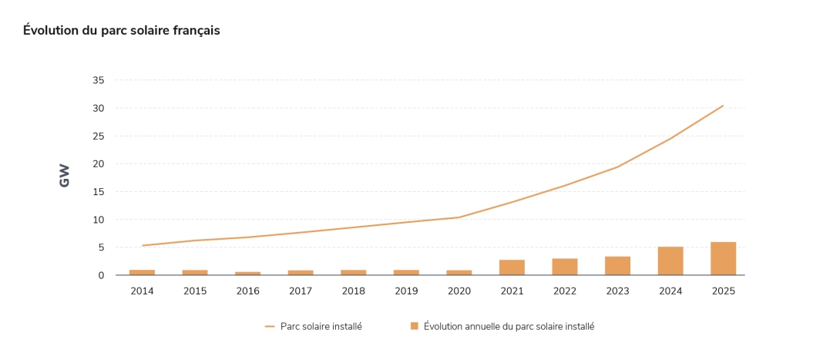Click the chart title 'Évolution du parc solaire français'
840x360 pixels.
click(x=121, y=31)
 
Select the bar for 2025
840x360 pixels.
click(x=723, y=259)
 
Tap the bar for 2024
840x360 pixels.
click(x=670, y=261)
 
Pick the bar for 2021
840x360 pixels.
click(x=512, y=267)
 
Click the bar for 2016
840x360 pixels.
click(x=247, y=273)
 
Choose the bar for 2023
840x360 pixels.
click(x=617, y=266)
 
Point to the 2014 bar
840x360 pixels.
click(x=142, y=272)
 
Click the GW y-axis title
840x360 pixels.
click(x=65, y=176)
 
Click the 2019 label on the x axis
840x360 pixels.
click(x=406, y=291)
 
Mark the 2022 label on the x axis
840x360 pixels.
click(x=565, y=291)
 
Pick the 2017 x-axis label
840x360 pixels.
click(x=301, y=291)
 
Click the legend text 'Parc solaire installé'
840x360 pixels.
click(x=321, y=327)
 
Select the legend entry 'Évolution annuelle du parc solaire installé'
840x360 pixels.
click(x=509, y=327)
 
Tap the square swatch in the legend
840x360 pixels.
click(x=415, y=326)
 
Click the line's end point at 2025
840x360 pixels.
click(x=723, y=106)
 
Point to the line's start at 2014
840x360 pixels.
click(x=142, y=246)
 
